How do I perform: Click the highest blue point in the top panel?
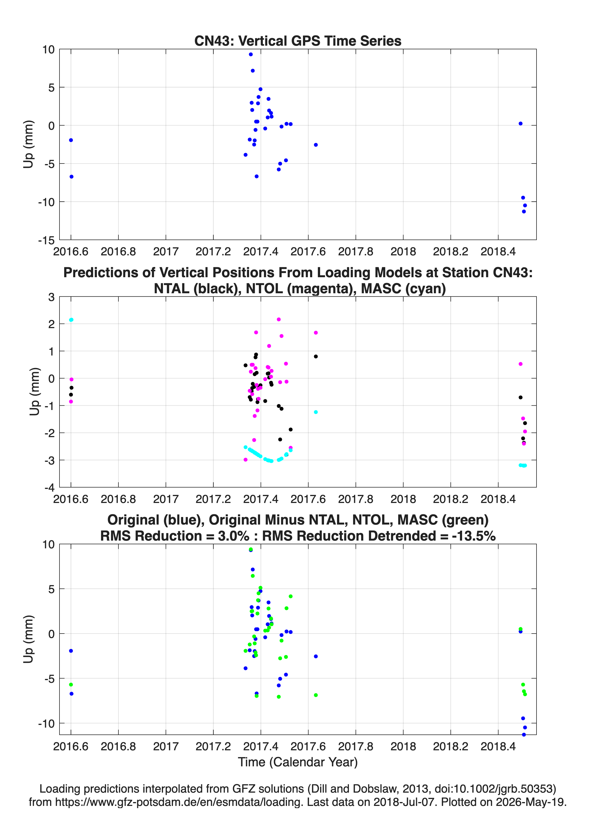251,55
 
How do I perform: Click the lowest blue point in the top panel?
524,211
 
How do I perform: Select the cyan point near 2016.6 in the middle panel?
71,320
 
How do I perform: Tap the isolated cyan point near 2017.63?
316,412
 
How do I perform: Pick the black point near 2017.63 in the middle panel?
316,357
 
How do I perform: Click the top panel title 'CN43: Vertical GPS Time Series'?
298,41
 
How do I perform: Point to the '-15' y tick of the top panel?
46,240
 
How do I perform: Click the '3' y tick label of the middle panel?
51,297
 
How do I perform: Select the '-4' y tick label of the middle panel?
50,487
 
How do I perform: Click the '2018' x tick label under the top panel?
403,251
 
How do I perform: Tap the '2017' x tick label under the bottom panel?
166,746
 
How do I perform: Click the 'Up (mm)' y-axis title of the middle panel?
34,391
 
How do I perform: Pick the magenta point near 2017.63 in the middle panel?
316,333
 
